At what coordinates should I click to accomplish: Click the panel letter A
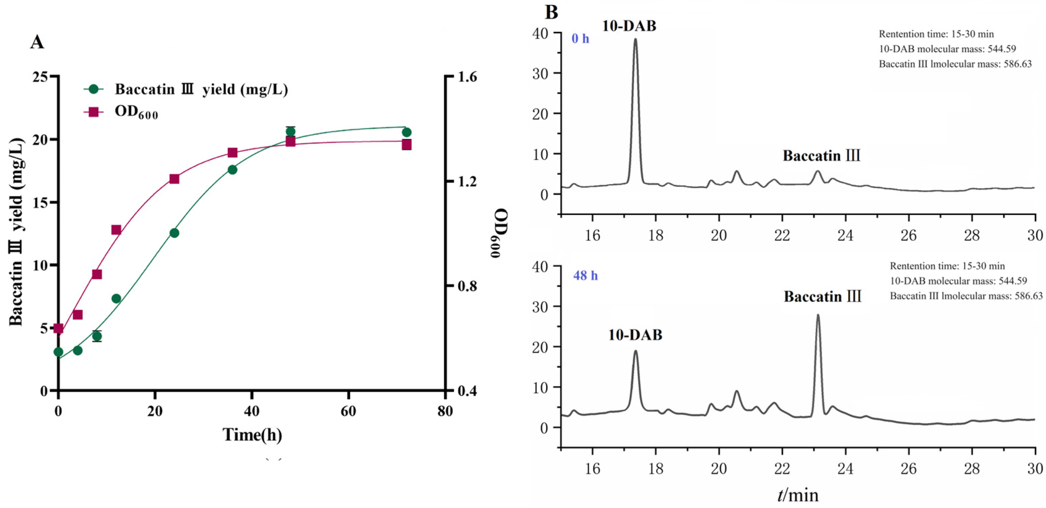pos(37,42)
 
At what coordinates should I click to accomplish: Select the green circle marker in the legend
pos(94,89)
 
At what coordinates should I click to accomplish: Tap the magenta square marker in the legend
pos(94,112)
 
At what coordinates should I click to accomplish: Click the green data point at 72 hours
pos(406,132)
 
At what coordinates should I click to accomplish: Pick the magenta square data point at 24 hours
pos(174,179)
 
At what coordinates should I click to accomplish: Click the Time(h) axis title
pos(252,435)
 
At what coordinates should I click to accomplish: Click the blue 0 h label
pos(580,39)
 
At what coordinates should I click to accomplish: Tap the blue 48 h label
pos(585,276)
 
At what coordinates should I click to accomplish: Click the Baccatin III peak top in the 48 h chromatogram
pos(818,315)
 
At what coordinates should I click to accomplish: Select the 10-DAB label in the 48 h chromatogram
pos(635,335)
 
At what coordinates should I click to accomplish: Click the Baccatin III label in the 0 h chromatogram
pos(821,156)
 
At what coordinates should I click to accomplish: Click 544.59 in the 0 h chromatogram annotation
pos(1002,49)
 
